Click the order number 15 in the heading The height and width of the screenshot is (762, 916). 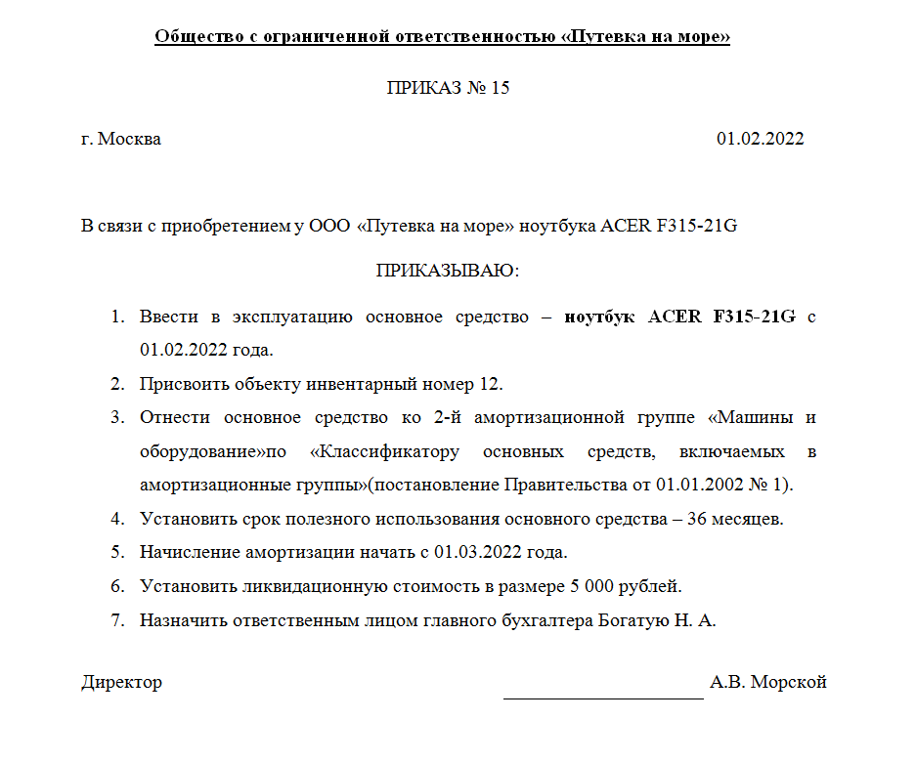[x=499, y=88]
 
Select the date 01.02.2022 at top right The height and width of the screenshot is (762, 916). [x=760, y=139]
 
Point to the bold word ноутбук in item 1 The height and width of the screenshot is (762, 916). [x=599, y=317]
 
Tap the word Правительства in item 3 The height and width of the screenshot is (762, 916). [x=561, y=486]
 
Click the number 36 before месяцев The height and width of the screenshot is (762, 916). [x=698, y=519]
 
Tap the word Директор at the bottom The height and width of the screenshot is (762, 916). [x=121, y=682]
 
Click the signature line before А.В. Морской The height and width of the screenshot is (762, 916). [x=603, y=696]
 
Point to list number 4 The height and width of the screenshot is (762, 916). [x=117, y=519]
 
